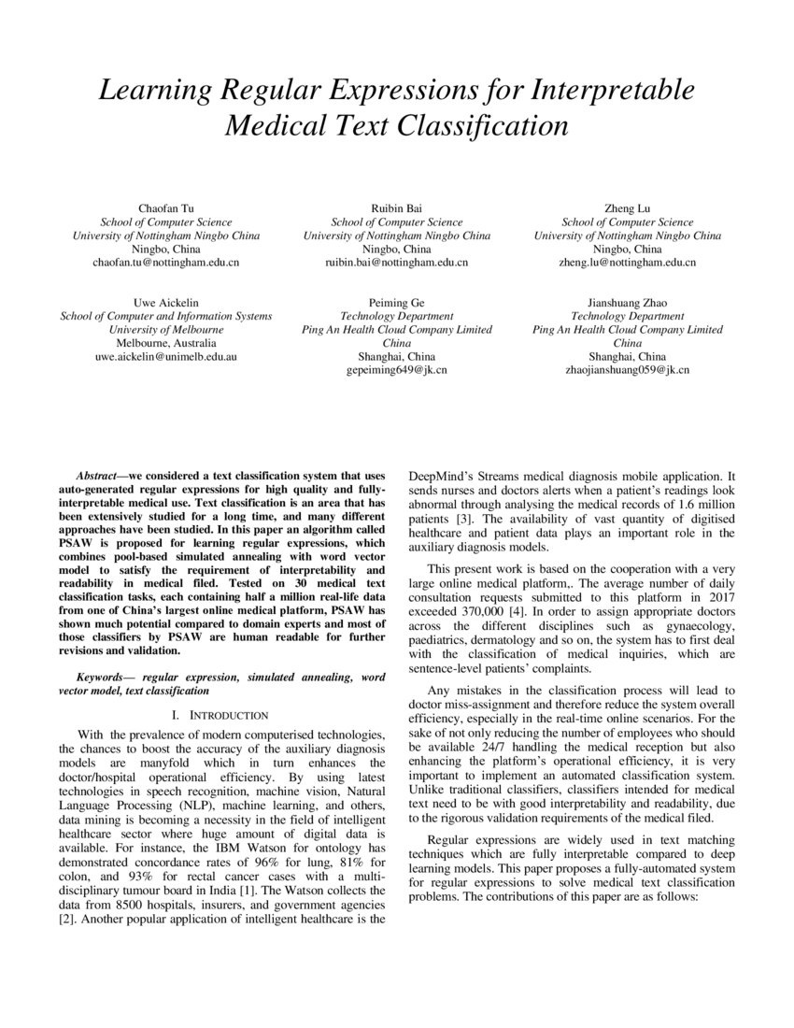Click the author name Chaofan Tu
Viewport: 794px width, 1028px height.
(165, 208)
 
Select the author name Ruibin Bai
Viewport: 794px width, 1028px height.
(396, 208)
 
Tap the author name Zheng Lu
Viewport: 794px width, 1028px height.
(628, 208)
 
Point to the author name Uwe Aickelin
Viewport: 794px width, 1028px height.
(165, 303)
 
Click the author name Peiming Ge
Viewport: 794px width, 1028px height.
(396, 303)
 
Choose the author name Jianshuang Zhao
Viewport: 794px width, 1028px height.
(628, 303)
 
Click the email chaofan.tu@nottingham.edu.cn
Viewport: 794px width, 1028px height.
(165, 264)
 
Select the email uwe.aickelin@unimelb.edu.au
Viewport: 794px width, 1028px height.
(165, 357)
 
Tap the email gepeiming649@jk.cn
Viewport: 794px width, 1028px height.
(396, 371)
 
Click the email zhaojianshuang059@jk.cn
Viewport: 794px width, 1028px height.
(628, 371)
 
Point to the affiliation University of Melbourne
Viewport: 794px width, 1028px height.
(165, 330)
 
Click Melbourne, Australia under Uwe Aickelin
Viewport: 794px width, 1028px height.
(165, 344)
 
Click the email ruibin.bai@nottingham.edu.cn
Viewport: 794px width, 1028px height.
(396, 264)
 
